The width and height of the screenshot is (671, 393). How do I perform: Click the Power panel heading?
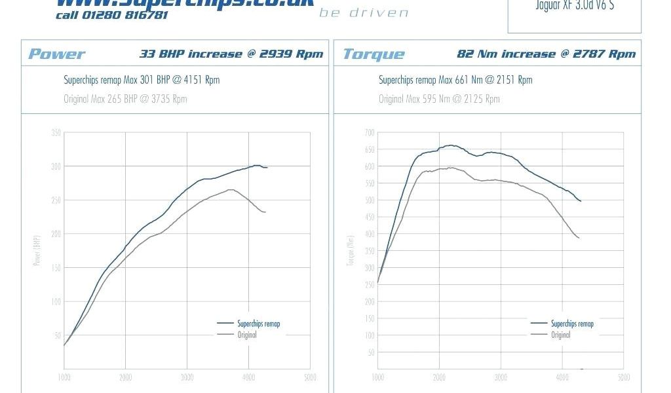point(56,54)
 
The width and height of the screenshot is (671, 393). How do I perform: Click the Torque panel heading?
point(374,54)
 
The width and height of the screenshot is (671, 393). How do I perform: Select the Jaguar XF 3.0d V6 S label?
point(575,7)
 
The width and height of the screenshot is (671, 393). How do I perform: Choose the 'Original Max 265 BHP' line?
point(125,99)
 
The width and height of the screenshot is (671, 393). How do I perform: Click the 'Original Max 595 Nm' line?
point(439,99)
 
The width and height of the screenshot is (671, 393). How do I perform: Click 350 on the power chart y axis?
point(56,133)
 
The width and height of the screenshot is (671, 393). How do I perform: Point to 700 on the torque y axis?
point(370,133)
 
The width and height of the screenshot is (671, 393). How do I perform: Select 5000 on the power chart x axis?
point(310,377)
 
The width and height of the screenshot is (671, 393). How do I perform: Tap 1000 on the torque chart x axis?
point(378,377)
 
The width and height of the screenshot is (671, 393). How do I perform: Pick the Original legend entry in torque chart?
point(560,335)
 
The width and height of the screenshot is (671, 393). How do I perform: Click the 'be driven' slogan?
point(364,13)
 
